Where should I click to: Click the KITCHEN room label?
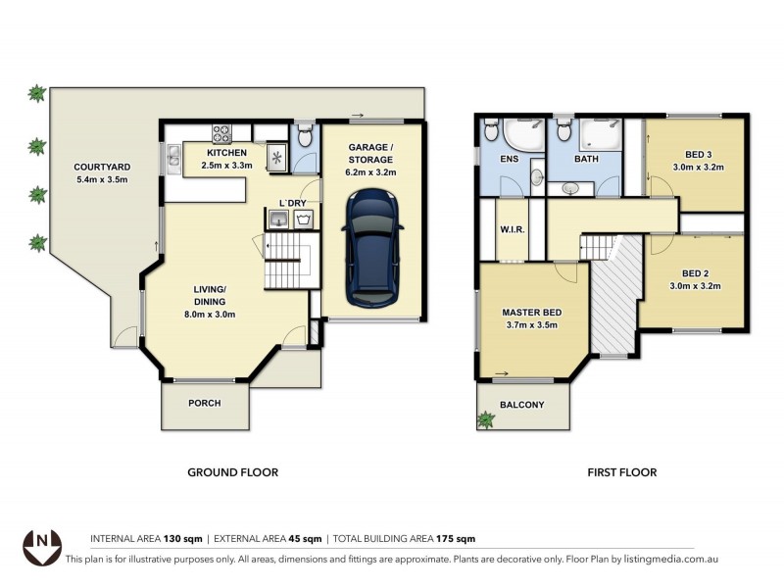(x=226, y=153)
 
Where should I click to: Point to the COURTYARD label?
(x=103, y=167)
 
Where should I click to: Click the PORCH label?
(x=205, y=403)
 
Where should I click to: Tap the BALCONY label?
(x=522, y=404)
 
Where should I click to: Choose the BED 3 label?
(x=697, y=155)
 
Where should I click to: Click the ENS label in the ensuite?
(x=509, y=158)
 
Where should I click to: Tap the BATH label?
(x=586, y=158)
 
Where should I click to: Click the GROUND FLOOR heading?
(x=232, y=472)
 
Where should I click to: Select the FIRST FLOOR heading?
(x=621, y=472)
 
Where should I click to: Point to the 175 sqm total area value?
(x=456, y=539)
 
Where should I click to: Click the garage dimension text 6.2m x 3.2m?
(x=370, y=171)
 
